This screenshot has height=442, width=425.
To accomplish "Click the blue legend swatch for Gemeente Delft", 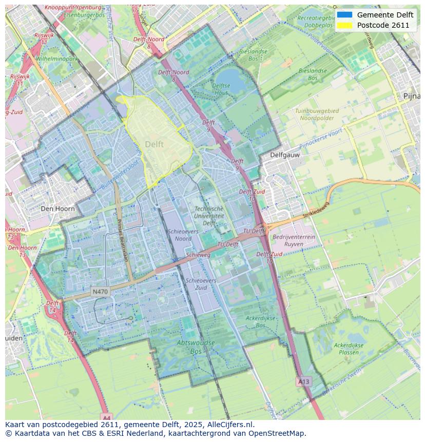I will click(x=344, y=15).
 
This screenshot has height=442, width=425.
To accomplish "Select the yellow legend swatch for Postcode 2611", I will click(x=344, y=25).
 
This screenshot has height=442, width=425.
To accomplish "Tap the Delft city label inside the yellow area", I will click(x=154, y=145).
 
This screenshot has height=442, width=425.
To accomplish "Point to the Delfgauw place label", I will click(x=285, y=154).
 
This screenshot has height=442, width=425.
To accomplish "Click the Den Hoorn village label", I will click(x=57, y=209).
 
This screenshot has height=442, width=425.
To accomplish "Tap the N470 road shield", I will click(x=100, y=292).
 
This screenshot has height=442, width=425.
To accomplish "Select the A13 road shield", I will click(x=303, y=381).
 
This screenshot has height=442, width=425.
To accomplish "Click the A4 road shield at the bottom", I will click(x=106, y=417).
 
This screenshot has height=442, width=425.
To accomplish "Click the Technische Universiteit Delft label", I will click(x=209, y=216).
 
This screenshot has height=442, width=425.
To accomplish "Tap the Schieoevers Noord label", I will click(x=183, y=235).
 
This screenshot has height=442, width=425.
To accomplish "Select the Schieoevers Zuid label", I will click(x=201, y=284).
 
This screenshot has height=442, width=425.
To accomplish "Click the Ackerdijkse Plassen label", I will click(x=349, y=349).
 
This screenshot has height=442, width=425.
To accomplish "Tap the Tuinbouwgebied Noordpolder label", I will click(x=317, y=114).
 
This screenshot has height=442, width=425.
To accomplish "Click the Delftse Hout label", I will click(x=221, y=89).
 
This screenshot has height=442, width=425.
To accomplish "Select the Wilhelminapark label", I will click(x=56, y=59).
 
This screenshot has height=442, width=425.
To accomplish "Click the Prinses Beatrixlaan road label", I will click(x=123, y=241).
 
